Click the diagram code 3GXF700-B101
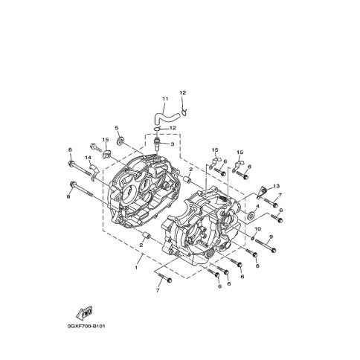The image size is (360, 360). pos(86,326)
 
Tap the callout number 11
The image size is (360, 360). pos(165,99)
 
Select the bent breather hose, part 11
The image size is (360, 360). pos(165,118)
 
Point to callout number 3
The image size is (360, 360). pos(172,144)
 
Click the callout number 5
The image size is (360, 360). pos(117,128)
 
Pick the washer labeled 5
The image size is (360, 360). pos(120,141)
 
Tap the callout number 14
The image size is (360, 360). pos(89,158)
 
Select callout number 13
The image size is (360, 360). pos(276,186)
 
